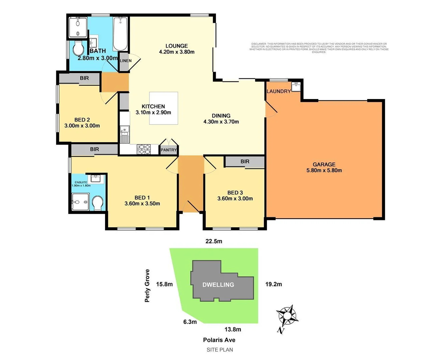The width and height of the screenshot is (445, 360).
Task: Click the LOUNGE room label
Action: click(x=177, y=46)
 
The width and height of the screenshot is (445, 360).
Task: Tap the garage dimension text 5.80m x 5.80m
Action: click(x=324, y=170)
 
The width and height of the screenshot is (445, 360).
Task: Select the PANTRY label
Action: click(x=168, y=150)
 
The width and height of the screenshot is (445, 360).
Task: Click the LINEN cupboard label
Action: click(x=125, y=61)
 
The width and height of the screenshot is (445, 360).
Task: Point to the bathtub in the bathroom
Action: click(x=120, y=34)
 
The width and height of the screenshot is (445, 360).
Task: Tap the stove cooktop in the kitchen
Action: click(x=144, y=149)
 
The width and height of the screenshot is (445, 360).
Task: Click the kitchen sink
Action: click(x=124, y=130)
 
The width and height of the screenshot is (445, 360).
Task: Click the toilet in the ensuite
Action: click(x=98, y=203)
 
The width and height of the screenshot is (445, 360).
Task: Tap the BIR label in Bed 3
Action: click(x=245, y=161)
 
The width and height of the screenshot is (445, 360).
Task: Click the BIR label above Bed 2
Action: click(x=84, y=78)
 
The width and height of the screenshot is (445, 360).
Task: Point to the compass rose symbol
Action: click(x=287, y=316)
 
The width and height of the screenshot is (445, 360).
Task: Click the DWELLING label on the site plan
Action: click(x=218, y=285)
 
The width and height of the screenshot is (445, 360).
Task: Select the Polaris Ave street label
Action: click(x=219, y=340)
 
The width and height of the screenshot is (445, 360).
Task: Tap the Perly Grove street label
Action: click(x=147, y=286)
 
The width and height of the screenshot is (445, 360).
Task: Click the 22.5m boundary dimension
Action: click(x=214, y=241)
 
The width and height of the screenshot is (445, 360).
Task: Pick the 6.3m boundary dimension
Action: click(x=190, y=322)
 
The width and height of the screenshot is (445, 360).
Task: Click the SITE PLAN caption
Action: click(x=219, y=350)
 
